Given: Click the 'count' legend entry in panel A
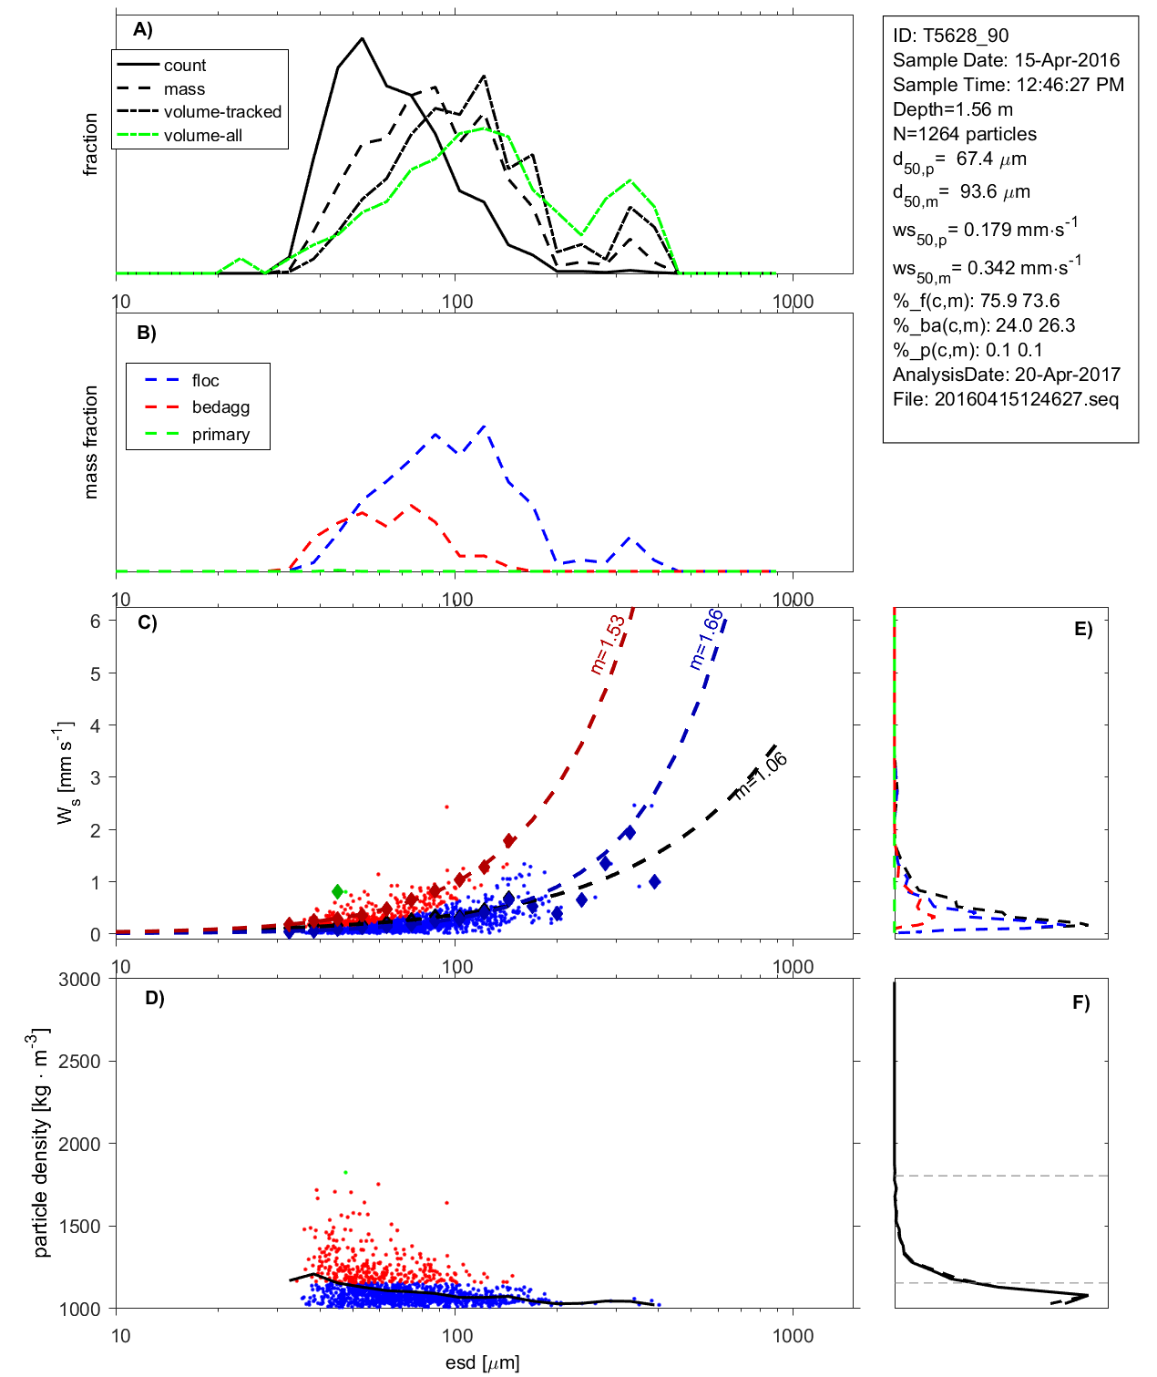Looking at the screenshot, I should [185, 66].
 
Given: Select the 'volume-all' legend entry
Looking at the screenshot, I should [203, 136].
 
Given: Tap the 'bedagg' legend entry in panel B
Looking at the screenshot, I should [220, 407].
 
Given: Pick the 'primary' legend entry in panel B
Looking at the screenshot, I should [220, 435].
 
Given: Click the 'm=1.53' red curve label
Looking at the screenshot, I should [608, 644].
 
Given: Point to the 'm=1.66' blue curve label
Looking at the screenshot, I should [706, 639].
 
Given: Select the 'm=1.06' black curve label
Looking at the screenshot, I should [761, 776].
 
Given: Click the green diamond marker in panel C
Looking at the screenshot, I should [338, 891].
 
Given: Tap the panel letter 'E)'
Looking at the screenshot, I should [1082, 629].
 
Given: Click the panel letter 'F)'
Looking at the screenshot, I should [1080, 1002].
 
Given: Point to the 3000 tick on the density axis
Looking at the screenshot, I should [79, 980].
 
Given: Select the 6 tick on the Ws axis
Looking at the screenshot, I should [95, 621].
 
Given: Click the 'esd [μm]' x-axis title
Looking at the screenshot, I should [482, 1362].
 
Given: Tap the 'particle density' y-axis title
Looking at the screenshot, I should [41, 1144].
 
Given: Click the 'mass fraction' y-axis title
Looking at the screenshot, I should [90, 442].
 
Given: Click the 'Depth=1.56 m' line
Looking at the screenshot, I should [952, 109].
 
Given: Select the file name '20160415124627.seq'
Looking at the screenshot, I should [1026, 399].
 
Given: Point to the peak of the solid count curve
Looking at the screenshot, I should [363, 38].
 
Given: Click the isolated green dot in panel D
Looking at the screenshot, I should [345, 1172].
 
